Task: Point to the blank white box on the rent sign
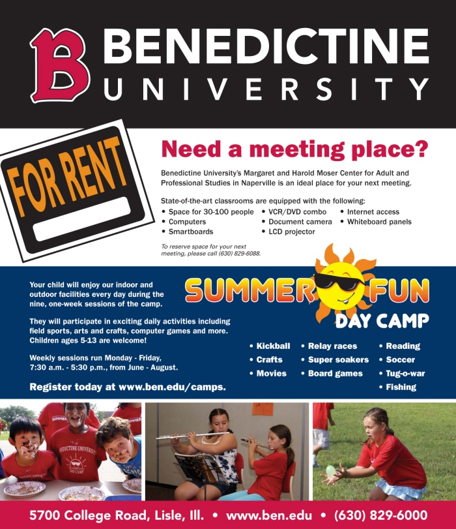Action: [82, 219]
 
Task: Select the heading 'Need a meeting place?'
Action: [294, 149]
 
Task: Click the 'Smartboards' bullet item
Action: [191, 232]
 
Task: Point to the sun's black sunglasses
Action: [339, 281]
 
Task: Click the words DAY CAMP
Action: [382, 320]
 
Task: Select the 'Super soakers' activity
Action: [338, 359]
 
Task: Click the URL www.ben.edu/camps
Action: [172, 387]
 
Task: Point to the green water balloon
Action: [331, 470]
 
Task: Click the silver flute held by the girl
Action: [192, 436]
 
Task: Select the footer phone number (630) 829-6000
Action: [381, 515]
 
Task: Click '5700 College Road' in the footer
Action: [89, 515]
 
